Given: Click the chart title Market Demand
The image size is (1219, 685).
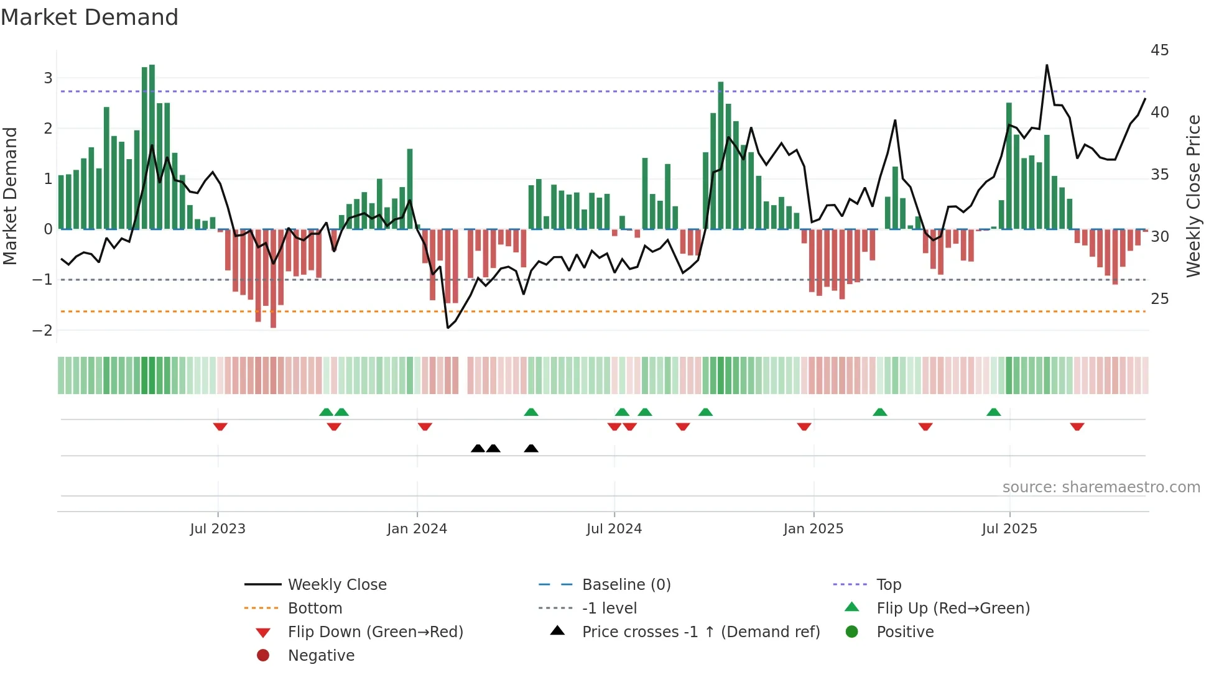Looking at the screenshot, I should pos(90,17).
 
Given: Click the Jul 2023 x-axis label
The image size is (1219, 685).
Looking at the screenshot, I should pos(218,529).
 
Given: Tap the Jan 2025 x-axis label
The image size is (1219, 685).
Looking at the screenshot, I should pos(813,529).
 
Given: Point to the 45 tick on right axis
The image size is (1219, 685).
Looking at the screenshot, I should pos(1159,50).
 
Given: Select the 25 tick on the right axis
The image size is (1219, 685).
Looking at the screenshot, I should pos(1159,299).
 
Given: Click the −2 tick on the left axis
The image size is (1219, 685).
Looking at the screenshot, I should pos(42,331).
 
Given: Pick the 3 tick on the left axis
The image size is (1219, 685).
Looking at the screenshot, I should pos(48,78).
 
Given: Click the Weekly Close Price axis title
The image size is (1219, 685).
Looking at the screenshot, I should pos(1193,196).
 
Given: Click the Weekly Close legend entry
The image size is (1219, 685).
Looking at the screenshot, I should pos(336,585).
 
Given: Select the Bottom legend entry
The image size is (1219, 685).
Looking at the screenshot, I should pos(315,609).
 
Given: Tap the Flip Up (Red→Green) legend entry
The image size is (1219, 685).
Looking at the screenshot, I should pos(953,609).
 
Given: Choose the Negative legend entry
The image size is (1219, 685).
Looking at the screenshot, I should pos(321,656).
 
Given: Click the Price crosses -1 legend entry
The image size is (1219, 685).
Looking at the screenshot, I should pos(700,632).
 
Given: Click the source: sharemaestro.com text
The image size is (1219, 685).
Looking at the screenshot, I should pos(1101,487).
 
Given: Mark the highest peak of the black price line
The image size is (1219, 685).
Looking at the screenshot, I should pos(1047,65).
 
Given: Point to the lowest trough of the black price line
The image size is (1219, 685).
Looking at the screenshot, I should pos(448,328).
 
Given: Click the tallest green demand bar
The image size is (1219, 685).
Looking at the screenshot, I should pos(152,147).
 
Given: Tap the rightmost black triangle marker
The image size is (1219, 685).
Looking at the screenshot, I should pos(531,448).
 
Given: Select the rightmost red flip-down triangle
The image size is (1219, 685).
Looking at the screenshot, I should pos(1077,426).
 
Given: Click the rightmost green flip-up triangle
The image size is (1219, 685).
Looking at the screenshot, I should pos(993,412).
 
